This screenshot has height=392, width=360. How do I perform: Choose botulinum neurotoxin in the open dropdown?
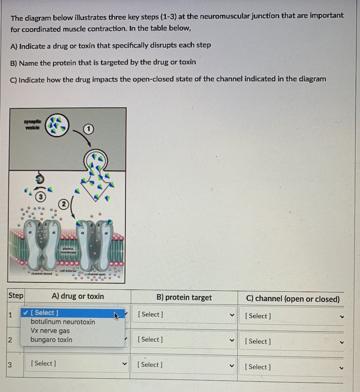click(x=63, y=322)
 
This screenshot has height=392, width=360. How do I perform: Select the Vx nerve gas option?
click(x=50, y=331)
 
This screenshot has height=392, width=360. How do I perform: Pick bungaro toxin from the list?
click(x=51, y=340)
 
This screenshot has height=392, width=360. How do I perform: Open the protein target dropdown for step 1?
click(x=184, y=315)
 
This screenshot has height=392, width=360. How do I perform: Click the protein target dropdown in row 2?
click(x=184, y=340)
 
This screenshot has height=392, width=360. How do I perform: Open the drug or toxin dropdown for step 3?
click(x=77, y=364)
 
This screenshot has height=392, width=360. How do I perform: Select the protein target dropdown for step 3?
click(x=184, y=365)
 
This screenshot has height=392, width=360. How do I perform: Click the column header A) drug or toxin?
click(x=77, y=296)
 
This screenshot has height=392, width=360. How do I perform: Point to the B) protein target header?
click(x=184, y=298)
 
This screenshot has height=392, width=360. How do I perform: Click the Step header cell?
click(x=16, y=295)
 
